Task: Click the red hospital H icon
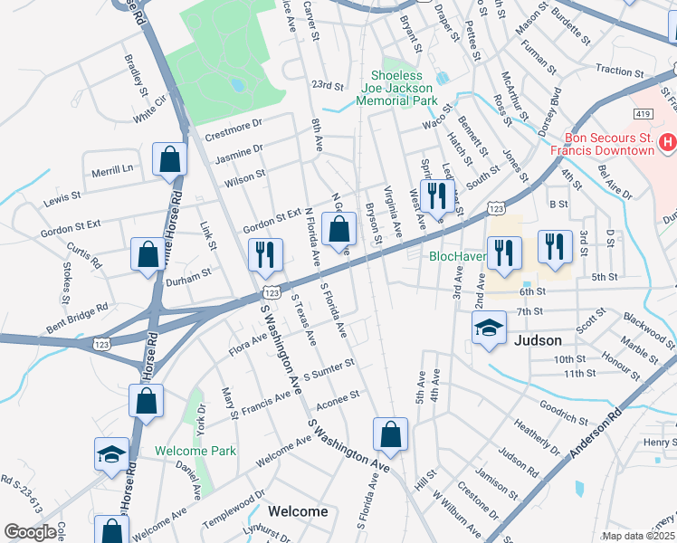tap(667, 141)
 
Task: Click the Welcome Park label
tap(195, 451)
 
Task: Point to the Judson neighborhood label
tap(538, 341)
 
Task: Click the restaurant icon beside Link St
tap(265, 255)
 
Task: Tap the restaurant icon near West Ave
tap(437, 195)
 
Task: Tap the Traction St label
tap(619, 70)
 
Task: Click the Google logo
tap(31, 532)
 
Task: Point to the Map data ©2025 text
tap(638, 536)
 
